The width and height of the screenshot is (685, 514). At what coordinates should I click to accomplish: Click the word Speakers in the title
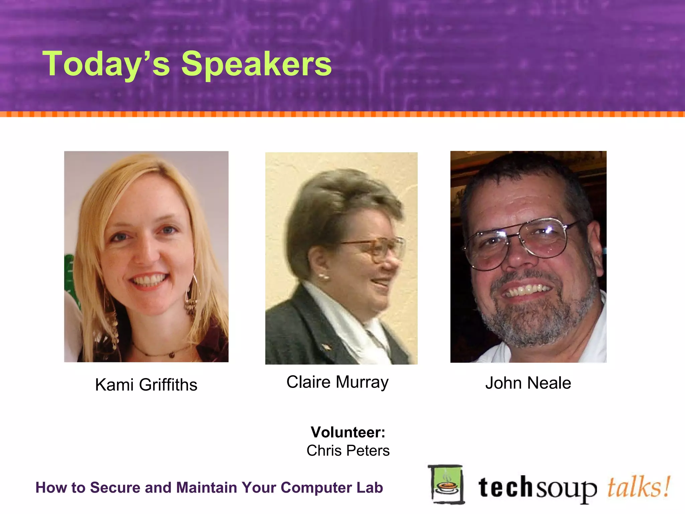(256, 64)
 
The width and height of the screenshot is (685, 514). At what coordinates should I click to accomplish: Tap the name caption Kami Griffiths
(146, 385)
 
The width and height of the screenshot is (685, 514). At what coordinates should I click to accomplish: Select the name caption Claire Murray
(337, 382)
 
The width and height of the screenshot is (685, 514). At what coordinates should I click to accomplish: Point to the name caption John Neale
(528, 383)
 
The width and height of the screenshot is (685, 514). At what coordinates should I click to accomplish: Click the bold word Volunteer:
(348, 432)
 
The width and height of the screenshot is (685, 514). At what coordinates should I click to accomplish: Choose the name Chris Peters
(348, 451)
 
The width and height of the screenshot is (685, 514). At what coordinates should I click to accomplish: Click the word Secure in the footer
(110, 488)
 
